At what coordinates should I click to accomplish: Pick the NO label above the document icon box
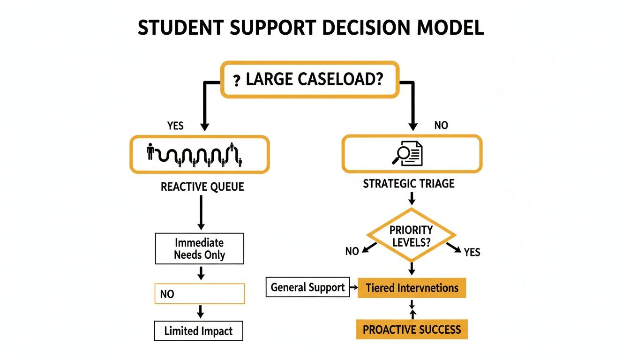[441, 125]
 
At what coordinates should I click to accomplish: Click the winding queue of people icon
[194, 154]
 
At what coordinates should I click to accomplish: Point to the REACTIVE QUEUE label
[202, 187]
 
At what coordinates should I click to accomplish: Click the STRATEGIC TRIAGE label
[409, 183]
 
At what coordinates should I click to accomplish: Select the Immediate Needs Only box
[199, 248]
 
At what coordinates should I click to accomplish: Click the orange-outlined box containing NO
[199, 294]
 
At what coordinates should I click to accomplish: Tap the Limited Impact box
[199, 331]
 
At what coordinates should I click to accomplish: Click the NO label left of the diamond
[352, 251]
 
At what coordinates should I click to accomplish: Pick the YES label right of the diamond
[472, 252]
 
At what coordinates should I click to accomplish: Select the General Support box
[307, 287]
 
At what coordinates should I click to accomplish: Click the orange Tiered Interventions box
[412, 287]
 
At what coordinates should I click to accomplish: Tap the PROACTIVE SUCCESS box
[412, 329]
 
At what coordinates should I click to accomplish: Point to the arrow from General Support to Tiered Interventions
[354, 288]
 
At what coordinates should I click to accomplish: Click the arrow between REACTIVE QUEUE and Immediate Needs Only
[201, 212]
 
